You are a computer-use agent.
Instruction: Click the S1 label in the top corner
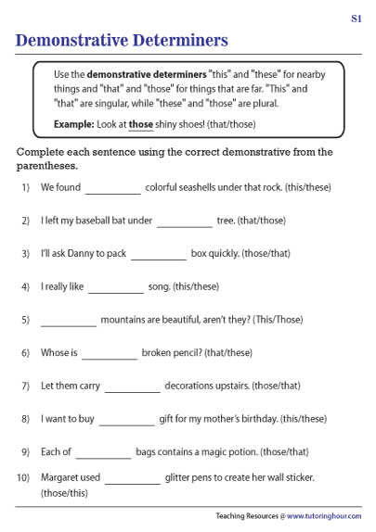(357, 18)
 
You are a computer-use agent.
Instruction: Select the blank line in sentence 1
(112, 189)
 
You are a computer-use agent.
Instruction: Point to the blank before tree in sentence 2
(184, 222)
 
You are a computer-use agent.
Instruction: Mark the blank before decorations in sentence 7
(133, 387)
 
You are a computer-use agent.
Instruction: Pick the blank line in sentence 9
(103, 454)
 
